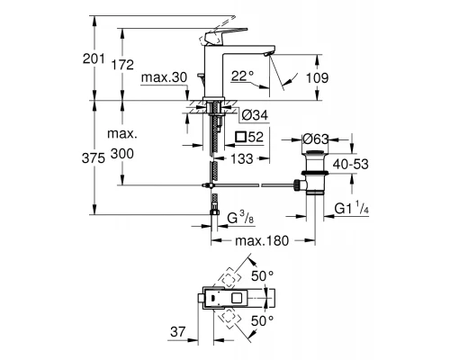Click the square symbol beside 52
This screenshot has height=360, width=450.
point(239,137)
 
